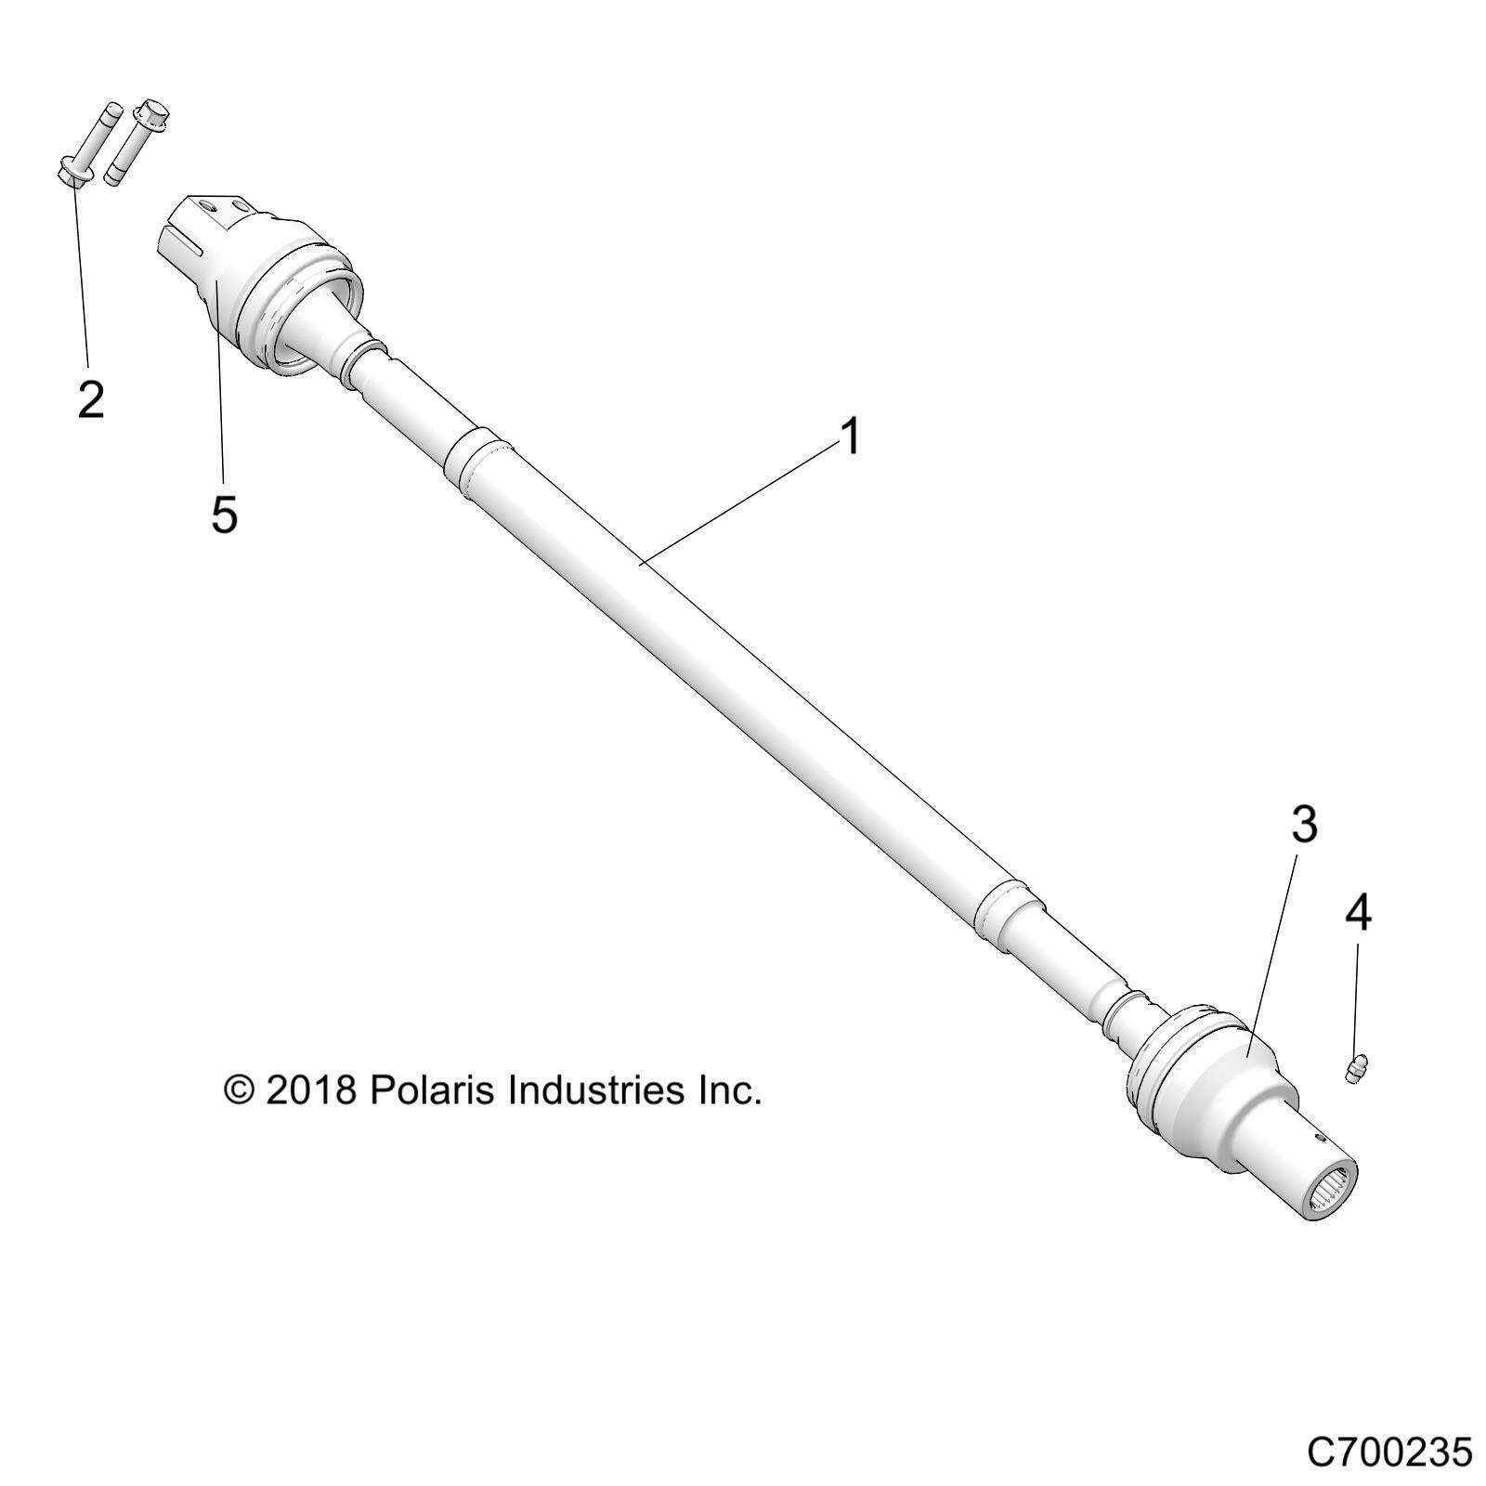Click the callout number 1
(851, 437)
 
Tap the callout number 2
(90, 400)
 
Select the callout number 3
(1305, 825)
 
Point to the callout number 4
(1358, 914)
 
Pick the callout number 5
(224, 514)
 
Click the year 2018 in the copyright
(311, 1090)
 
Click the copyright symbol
(240, 1090)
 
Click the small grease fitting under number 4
(1358, 1069)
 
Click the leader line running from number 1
(743, 502)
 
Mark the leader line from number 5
(220, 390)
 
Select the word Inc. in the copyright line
(730, 1090)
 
